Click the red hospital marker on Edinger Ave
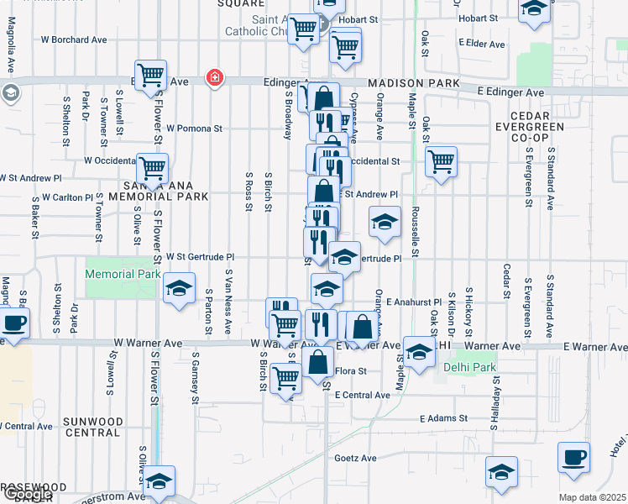coord(216,78)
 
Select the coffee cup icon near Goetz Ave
coord(574,459)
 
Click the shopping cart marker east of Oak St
coord(441,160)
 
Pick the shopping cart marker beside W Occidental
coord(152,168)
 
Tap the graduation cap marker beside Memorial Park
coord(179,288)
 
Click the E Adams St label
coord(444,418)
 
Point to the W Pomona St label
coord(194,129)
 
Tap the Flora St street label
coord(351,370)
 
